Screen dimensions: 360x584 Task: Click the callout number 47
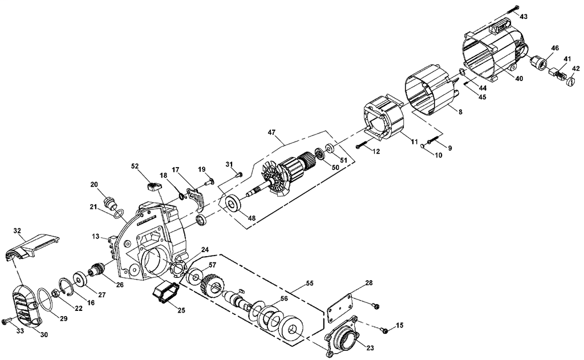tap(272, 132)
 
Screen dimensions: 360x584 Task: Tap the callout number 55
tap(310, 283)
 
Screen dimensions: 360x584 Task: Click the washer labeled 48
tap(233, 203)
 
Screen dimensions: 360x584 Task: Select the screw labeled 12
tap(360, 146)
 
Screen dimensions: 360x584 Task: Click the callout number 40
tap(518, 78)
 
